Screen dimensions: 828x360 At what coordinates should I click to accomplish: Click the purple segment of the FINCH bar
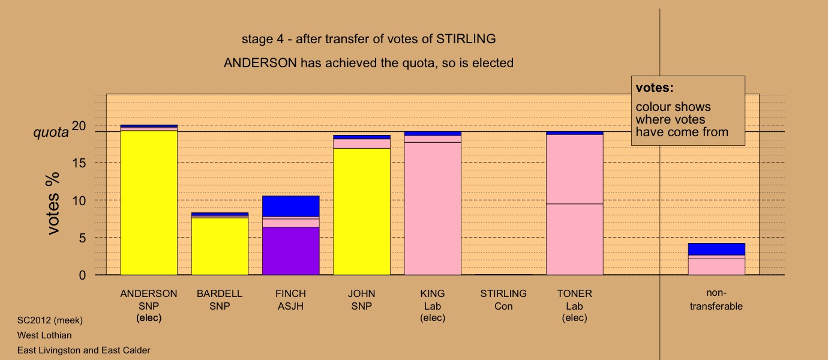(291, 251)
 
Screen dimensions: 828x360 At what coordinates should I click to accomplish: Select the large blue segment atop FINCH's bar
(291, 206)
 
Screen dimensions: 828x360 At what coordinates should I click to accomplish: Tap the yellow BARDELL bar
(220, 247)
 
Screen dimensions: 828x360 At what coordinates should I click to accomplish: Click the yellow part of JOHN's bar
(362, 212)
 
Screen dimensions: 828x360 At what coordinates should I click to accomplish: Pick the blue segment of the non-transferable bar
(717, 249)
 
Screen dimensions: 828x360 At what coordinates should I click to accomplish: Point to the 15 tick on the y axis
(79, 163)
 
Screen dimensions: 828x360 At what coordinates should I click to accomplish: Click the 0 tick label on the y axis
(82, 275)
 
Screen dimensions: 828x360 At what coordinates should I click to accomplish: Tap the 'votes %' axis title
(53, 203)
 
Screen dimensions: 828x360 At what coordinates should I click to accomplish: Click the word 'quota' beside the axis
(51, 133)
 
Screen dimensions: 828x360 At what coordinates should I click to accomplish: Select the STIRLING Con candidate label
(503, 300)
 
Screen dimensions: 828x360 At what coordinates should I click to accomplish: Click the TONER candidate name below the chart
(574, 293)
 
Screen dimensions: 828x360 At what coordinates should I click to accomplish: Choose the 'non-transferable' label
(716, 299)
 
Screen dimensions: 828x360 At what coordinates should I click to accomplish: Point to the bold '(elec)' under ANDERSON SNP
(149, 318)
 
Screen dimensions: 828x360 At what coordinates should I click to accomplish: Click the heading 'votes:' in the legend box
(655, 88)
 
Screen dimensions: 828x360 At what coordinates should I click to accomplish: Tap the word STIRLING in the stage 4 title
(466, 39)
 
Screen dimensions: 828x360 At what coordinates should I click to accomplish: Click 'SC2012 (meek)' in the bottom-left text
(50, 320)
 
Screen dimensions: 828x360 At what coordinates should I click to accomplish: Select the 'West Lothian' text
(44, 335)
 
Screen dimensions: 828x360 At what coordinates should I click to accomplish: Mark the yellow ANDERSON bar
(149, 203)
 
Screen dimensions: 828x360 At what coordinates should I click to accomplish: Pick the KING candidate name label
(433, 293)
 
